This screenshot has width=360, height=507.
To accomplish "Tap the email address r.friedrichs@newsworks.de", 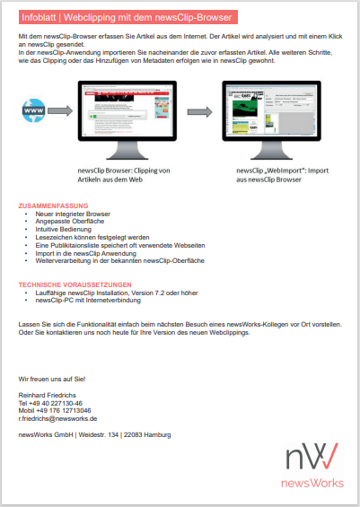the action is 57,418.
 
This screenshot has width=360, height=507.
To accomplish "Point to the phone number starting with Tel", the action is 51,403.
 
